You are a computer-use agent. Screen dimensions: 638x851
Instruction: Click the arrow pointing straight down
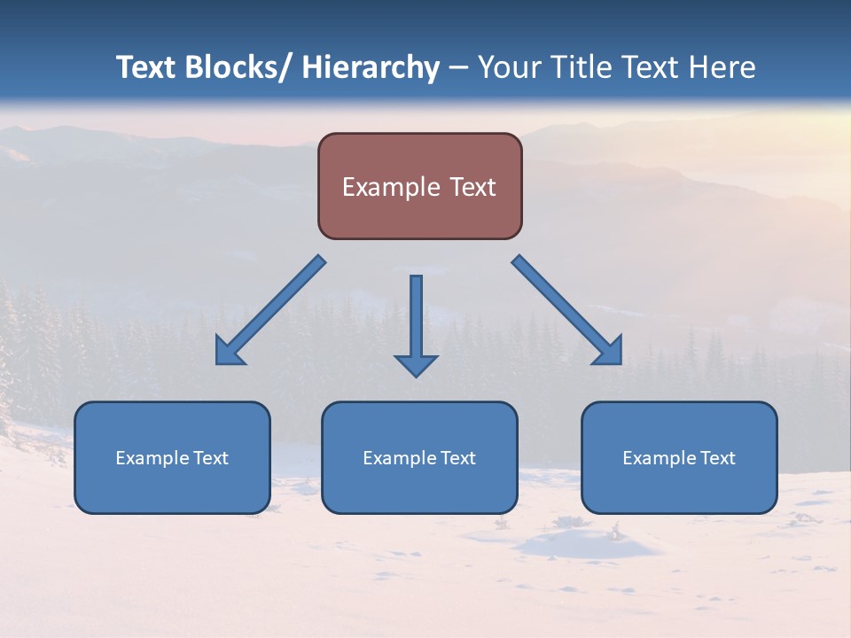tap(416, 323)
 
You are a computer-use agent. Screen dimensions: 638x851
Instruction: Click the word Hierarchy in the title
tap(371, 67)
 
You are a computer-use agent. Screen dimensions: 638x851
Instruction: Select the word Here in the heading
tap(723, 67)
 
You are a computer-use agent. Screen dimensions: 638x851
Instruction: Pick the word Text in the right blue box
tap(717, 458)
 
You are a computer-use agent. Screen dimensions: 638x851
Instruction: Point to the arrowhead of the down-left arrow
tap(228, 353)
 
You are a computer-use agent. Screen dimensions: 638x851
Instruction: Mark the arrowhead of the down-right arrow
tap(609, 351)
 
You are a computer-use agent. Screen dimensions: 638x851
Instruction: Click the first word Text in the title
tap(147, 67)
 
